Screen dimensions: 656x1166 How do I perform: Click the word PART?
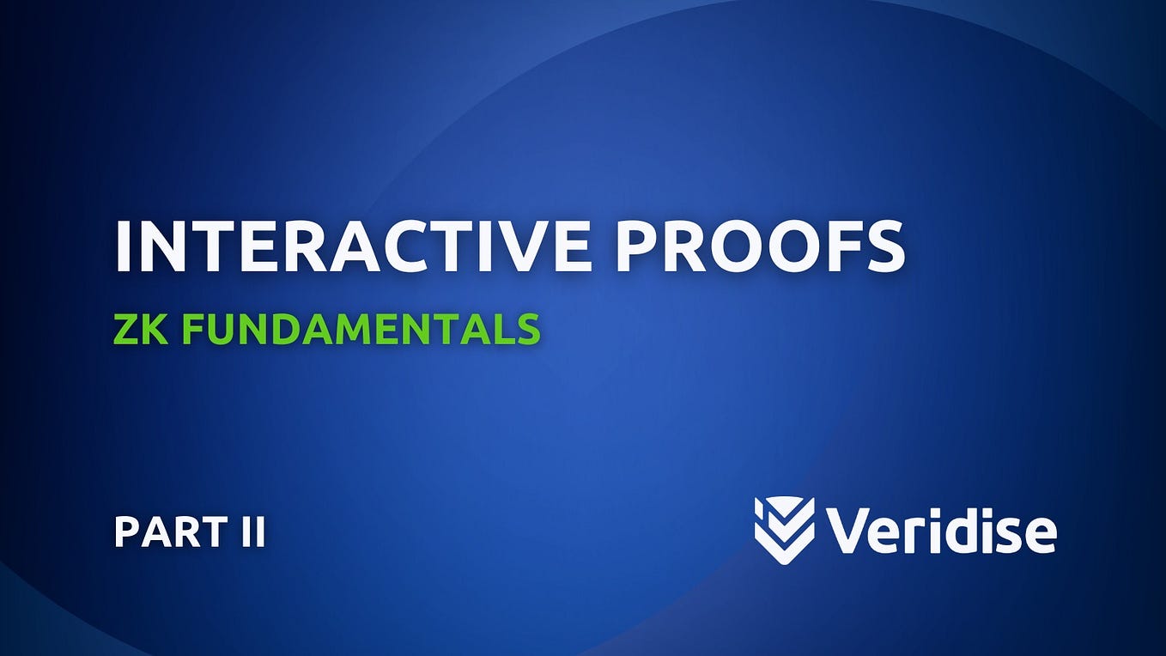pos(163,532)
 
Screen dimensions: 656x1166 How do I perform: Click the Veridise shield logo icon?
pos(784,531)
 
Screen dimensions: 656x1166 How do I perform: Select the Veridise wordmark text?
pos(941,531)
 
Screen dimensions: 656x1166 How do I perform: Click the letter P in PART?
pos(127,532)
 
